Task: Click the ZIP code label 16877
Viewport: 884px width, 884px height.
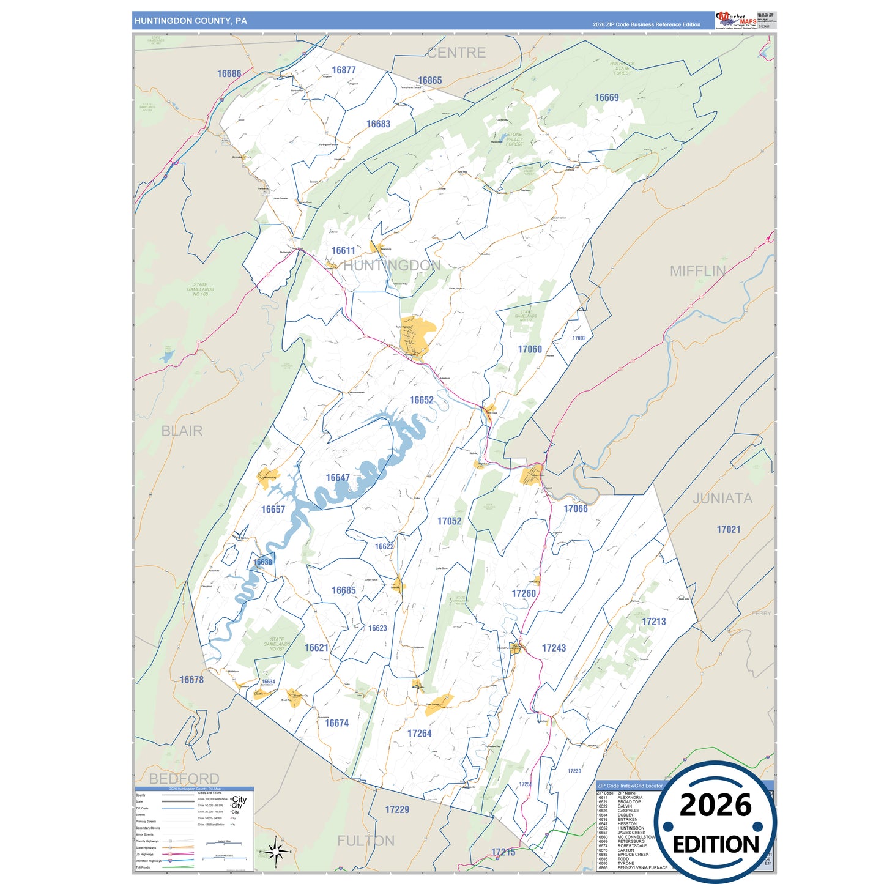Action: [x=344, y=70]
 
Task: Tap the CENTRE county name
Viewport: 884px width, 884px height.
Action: [x=456, y=53]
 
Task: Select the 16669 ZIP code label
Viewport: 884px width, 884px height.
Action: [x=606, y=98]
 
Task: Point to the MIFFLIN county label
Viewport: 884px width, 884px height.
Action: [x=697, y=271]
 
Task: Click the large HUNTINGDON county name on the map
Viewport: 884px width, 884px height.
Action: [x=392, y=266]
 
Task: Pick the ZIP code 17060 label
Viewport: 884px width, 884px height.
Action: [x=530, y=349]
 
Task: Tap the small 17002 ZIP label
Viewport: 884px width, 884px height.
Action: [x=579, y=338]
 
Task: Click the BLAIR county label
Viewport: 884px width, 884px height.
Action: [x=182, y=431]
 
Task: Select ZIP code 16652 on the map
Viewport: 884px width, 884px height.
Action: [x=422, y=400]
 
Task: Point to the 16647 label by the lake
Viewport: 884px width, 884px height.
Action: [x=338, y=478]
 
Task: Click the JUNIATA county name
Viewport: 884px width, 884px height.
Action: [x=722, y=499]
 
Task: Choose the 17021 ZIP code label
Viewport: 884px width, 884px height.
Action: [x=729, y=530]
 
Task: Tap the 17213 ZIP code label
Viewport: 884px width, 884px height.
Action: [x=653, y=622]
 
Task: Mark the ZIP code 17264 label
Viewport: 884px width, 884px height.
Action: [x=420, y=734]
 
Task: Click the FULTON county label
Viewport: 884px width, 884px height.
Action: [x=366, y=841]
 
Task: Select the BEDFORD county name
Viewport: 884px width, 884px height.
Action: [x=184, y=779]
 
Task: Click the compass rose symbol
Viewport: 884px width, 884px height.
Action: [x=275, y=851]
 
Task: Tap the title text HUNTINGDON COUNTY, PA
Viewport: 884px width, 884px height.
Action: [x=191, y=21]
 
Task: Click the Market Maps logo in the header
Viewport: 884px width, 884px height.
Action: [x=736, y=20]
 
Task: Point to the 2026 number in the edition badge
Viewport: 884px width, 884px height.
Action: [x=715, y=806]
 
